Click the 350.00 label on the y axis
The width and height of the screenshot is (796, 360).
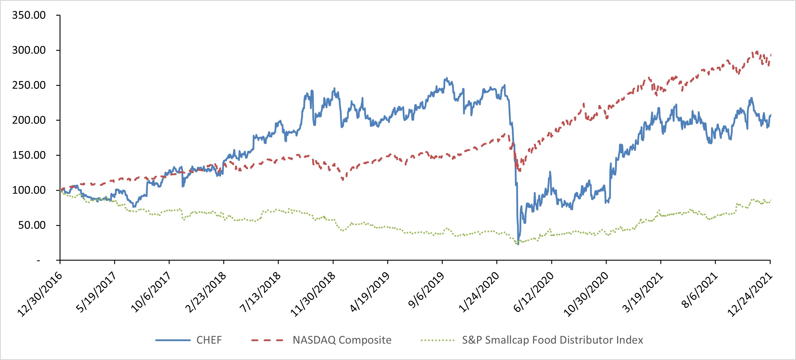(x=29, y=15)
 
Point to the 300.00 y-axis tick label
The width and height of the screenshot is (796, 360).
(x=29, y=50)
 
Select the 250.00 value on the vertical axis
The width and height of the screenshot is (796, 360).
(x=29, y=85)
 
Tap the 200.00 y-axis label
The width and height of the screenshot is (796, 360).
(x=29, y=120)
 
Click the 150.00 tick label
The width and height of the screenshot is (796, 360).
(x=29, y=155)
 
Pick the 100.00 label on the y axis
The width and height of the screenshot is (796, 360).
(x=29, y=190)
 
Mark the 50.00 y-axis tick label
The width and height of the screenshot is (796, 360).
(x=32, y=225)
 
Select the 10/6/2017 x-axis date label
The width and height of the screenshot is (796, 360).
(x=150, y=292)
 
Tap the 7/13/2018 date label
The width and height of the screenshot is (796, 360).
(x=260, y=292)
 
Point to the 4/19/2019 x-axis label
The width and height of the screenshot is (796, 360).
(x=370, y=292)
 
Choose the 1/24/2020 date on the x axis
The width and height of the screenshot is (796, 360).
(x=479, y=292)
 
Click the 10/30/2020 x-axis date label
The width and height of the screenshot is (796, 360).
(x=586, y=294)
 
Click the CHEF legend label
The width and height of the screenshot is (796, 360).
(x=209, y=340)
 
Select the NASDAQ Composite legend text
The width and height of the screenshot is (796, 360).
(x=342, y=340)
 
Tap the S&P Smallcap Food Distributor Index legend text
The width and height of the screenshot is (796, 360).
(x=552, y=340)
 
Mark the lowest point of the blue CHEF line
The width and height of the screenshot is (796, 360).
(x=518, y=244)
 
